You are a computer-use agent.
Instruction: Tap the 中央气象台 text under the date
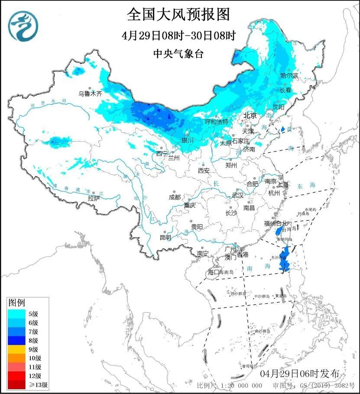coord(178,54)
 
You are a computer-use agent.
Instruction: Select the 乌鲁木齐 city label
coord(90,93)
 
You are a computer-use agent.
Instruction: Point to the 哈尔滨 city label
coord(289,76)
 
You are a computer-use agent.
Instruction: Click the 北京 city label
coord(250,116)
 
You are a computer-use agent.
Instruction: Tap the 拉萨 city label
coord(94,198)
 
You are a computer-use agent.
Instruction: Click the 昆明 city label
coord(165,237)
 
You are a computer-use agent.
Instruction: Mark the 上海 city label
coord(284,184)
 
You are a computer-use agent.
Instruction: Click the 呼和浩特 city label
coord(216,122)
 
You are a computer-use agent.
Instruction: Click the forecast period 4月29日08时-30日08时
coord(178,36)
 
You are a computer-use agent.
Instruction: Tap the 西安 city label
coord(204,171)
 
